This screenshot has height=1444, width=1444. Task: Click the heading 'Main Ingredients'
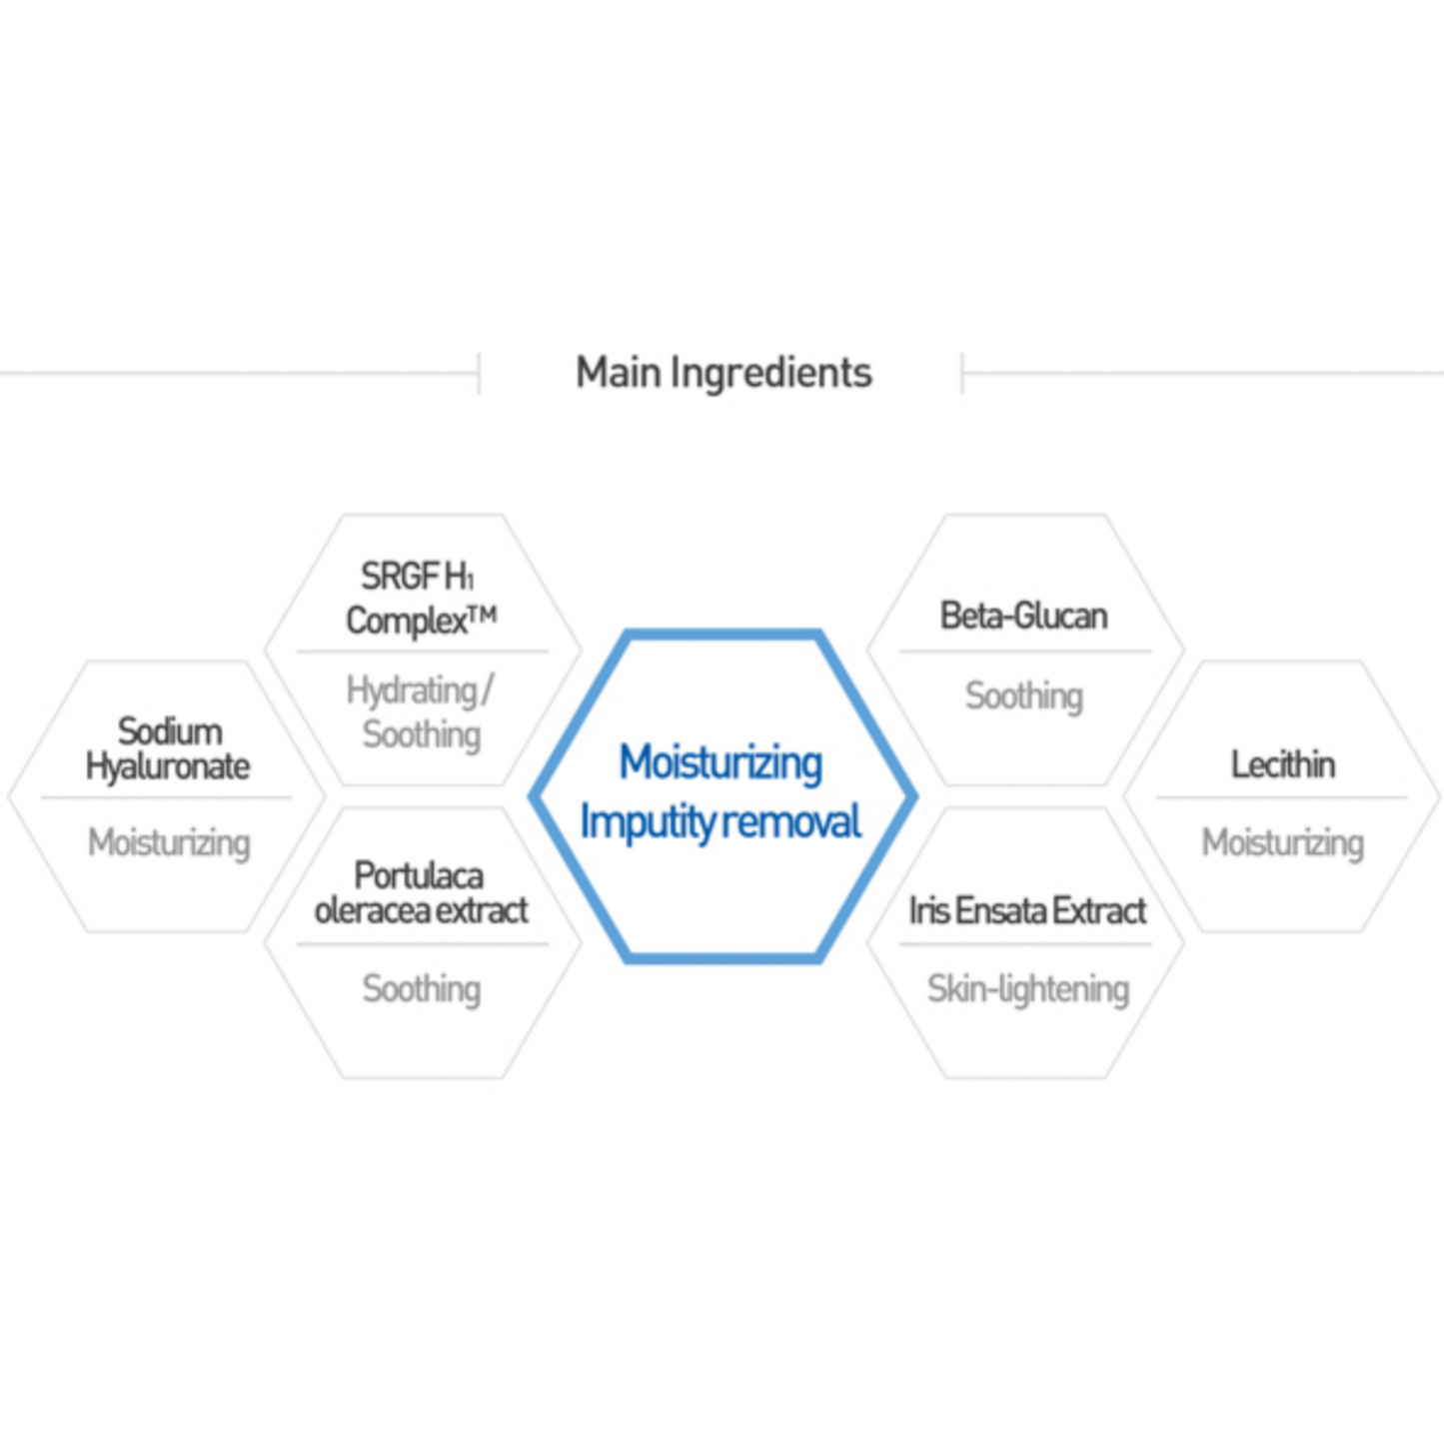723,373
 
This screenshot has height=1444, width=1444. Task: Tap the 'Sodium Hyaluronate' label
168,748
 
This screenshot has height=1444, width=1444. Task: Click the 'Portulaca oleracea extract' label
421,892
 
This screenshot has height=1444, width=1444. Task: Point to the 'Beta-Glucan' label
1023,616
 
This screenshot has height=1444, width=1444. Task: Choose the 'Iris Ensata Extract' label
1027,910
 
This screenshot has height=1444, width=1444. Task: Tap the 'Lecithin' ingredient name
1282,764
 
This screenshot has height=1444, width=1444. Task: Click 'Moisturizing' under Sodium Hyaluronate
169,842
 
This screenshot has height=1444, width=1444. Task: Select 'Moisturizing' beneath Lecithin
1282,842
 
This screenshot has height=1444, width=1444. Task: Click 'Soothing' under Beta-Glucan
1023,696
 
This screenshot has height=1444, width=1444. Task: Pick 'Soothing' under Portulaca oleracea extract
421,988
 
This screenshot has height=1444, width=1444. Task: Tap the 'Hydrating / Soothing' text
421,712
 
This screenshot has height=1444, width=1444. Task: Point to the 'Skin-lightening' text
1028,988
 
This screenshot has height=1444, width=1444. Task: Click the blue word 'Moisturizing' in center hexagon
721,762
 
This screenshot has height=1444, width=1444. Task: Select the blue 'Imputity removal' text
721,822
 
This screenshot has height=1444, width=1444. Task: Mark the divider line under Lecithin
1281,797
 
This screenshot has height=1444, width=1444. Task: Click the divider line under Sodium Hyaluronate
167,797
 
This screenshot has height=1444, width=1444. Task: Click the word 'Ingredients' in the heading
770,373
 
